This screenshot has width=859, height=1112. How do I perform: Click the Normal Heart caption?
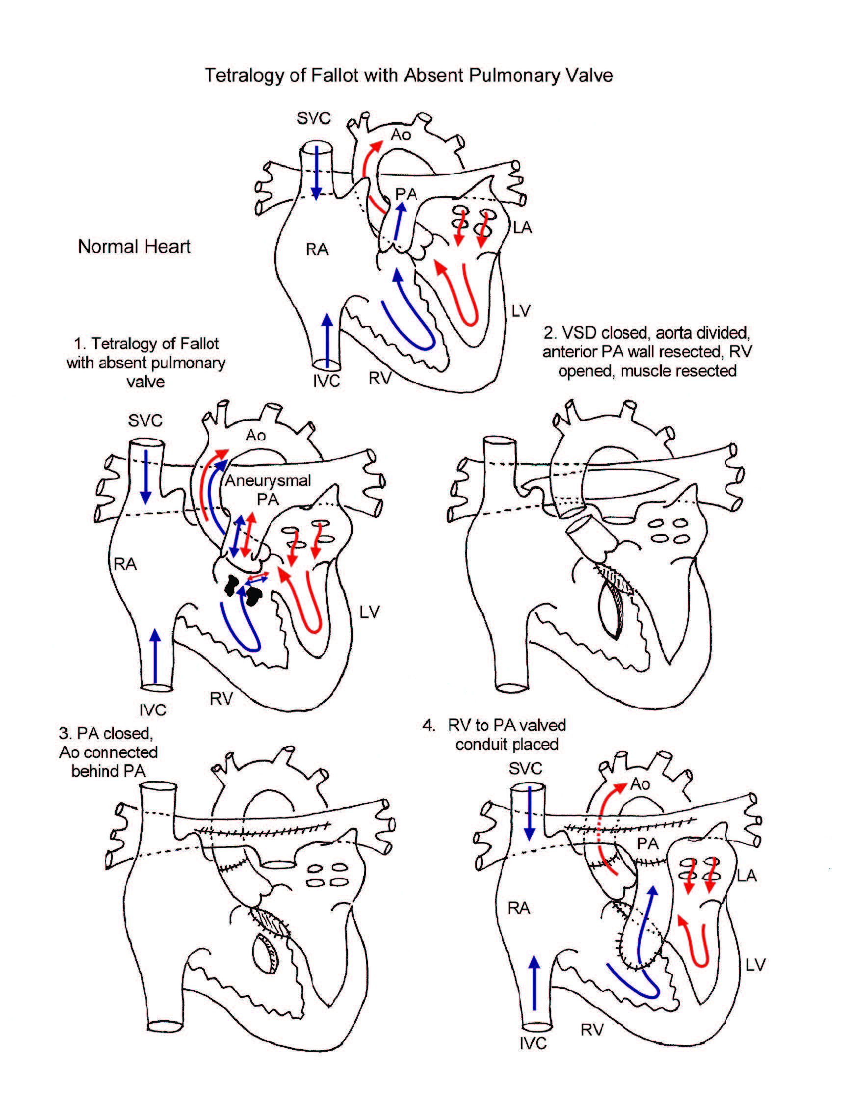[134, 246]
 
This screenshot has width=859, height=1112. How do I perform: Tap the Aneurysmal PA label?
[268, 489]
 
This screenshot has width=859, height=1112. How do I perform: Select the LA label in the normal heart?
[522, 227]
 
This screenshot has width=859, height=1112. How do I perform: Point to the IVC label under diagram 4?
[533, 1043]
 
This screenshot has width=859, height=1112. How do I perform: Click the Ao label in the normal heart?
[400, 134]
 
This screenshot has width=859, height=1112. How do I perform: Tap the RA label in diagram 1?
[125, 564]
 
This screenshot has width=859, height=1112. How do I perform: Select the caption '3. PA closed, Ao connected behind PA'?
[108, 752]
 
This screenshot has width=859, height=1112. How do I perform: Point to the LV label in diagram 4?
[755, 964]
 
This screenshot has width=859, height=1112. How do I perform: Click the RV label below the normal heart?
[380, 378]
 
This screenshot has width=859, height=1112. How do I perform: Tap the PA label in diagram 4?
[648, 844]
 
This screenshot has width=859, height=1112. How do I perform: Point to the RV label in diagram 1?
[221, 699]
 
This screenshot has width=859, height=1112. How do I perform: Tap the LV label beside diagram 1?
[369, 611]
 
